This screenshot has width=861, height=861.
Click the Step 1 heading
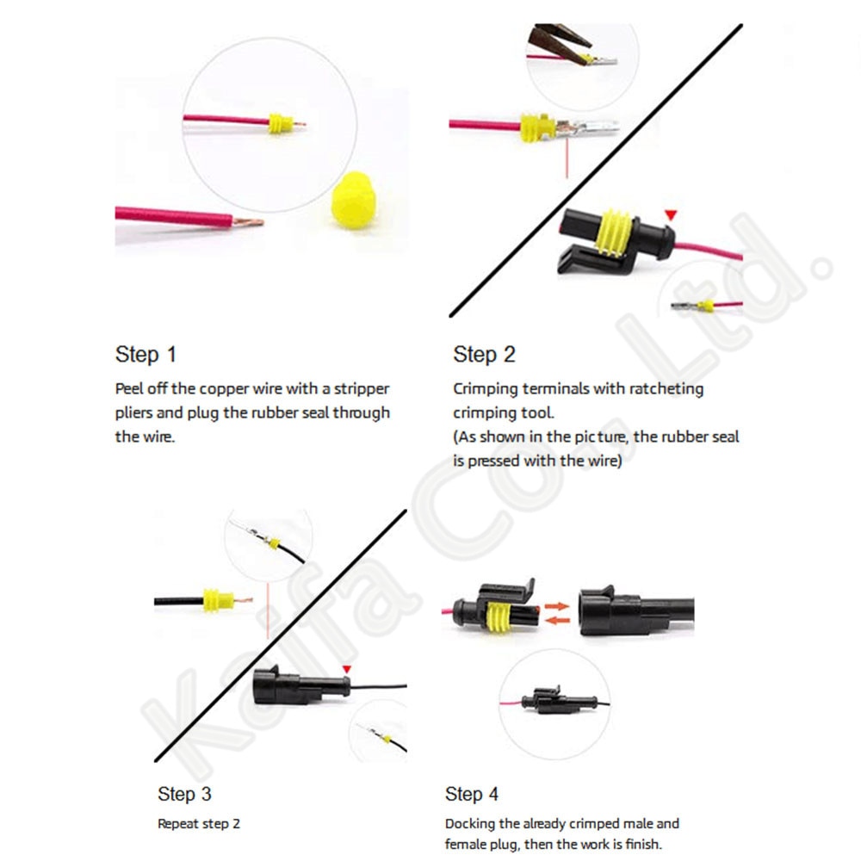coord(146,354)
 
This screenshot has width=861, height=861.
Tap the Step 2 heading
coord(484,354)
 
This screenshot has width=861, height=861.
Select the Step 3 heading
coord(184,793)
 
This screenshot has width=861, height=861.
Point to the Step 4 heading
coord(472,793)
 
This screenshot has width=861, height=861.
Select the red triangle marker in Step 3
coord(346,669)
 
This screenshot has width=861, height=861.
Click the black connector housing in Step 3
coord(297,687)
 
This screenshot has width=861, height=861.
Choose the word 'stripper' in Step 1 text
coord(361,388)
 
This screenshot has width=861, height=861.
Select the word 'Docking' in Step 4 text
coord(470,824)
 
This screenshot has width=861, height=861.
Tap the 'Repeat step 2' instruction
coord(199,824)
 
